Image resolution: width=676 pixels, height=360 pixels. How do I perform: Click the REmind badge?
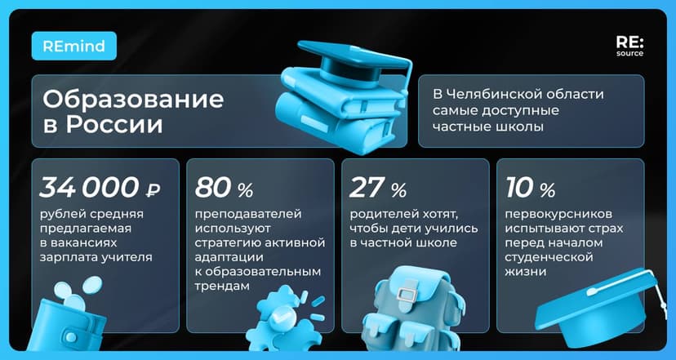(74, 46)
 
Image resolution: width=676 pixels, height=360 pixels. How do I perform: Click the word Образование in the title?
(132, 100)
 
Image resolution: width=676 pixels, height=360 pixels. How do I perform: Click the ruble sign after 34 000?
(152, 190)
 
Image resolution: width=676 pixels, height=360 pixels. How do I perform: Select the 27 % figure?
(377, 189)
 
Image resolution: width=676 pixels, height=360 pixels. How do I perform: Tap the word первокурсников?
(556, 215)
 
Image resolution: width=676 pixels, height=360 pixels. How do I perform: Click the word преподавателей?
(248, 215)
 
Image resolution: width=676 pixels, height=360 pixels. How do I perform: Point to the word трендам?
(220, 287)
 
